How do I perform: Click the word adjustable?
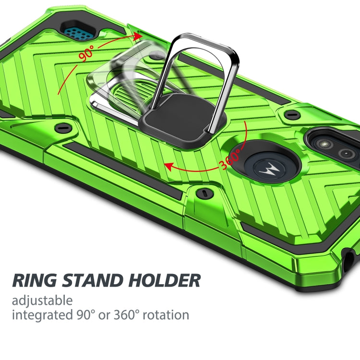(x=42, y=301)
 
